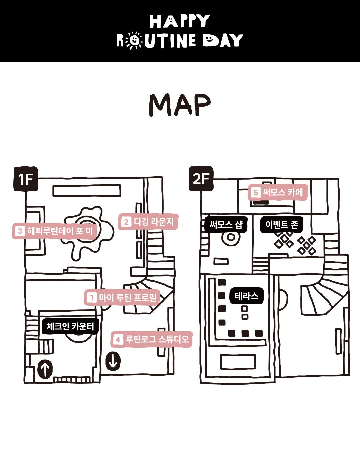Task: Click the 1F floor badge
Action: (26, 179)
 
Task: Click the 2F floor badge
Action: (201, 179)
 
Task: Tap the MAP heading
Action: (180, 105)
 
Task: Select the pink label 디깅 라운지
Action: (148, 222)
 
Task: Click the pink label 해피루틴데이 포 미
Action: (55, 231)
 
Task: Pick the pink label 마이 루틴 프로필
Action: (122, 297)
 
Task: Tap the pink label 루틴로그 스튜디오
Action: (152, 339)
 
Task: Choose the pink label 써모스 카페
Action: (278, 192)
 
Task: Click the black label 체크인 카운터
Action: (70, 326)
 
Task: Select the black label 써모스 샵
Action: (226, 224)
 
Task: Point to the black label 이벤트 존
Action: (282, 224)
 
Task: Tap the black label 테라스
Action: (246, 296)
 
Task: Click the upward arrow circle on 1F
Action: (45, 369)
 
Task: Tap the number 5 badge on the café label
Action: (256, 192)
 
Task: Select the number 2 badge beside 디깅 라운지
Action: (126, 222)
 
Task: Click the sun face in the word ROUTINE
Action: (134, 40)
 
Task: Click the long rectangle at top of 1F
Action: (87, 191)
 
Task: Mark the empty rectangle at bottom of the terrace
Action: (238, 362)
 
